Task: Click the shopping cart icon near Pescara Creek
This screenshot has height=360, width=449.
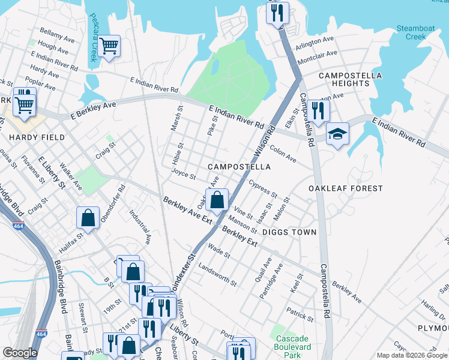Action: [109, 46]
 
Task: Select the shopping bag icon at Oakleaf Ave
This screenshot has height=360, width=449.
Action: [217, 200]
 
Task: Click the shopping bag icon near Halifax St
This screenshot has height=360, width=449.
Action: [88, 218]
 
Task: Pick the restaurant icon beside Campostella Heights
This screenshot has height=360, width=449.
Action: [318, 110]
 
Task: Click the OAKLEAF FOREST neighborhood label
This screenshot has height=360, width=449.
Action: [345, 188]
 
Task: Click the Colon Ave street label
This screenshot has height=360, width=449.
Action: [283, 155]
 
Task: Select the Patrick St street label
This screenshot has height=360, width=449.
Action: [300, 313]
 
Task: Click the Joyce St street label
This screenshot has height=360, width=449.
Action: [184, 175]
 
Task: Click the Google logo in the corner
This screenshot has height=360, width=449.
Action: [20, 353]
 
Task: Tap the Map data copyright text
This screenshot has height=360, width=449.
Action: [412, 355]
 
